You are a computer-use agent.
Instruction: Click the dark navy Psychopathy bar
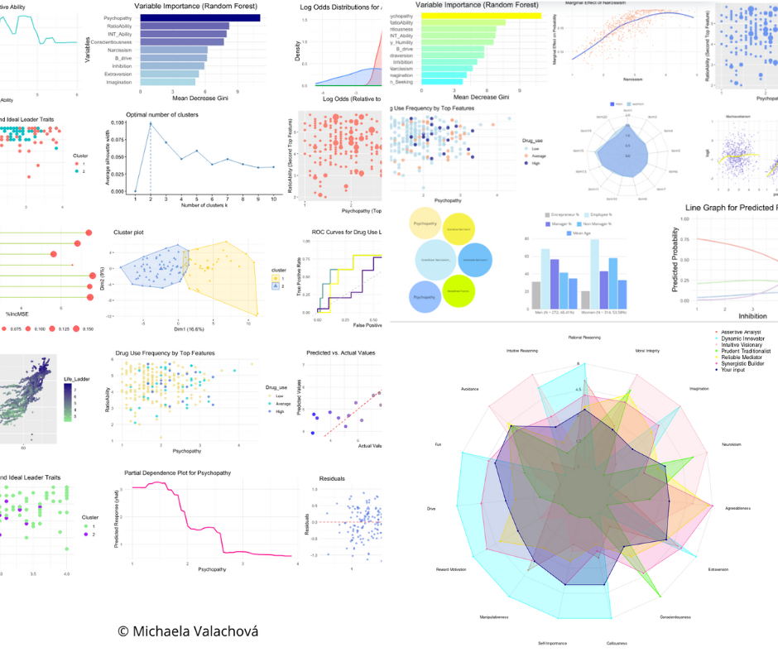point(199,17)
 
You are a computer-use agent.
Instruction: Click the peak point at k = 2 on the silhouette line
point(151,123)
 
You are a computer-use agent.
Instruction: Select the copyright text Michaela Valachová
point(188,631)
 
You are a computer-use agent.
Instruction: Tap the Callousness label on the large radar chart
point(617,643)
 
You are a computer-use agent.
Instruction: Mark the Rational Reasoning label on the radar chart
point(584,337)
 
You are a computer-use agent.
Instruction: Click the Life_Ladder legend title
point(79,379)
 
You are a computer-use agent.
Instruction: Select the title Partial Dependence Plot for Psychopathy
point(177,472)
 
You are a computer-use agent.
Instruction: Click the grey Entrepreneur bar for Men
point(536,294)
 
